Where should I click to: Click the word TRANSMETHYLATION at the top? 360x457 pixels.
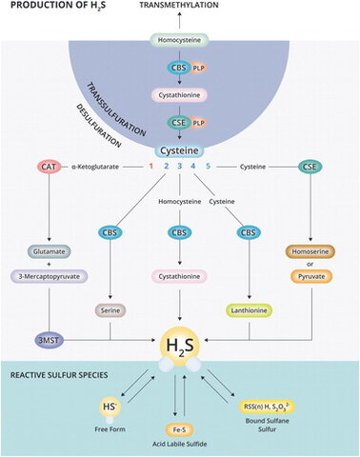pos(179,7)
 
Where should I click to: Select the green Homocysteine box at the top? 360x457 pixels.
pos(179,42)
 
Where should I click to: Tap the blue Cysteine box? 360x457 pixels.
pos(179,151)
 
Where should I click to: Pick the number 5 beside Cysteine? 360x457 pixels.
pos(222,168)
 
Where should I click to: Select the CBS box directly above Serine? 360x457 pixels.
pos(112,232)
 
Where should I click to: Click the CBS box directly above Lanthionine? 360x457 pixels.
pos(249,232)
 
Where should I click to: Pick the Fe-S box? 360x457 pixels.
pos(179,429)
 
